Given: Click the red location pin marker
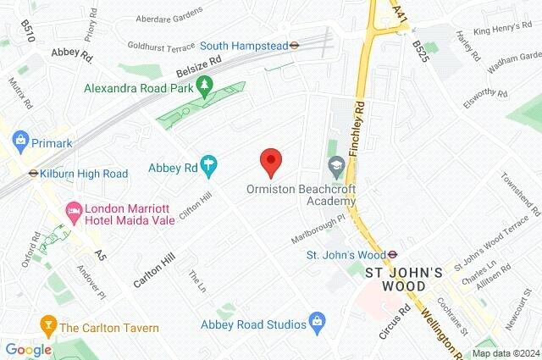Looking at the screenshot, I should click(270, 160).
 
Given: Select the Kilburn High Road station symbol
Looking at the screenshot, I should click(34, 174).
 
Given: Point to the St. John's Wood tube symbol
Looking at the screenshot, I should click(394, 253).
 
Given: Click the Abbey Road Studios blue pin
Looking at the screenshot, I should click(317, 323).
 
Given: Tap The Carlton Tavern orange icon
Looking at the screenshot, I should click(48, 326).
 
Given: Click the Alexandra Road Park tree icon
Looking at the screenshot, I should click(204, 86).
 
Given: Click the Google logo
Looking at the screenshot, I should click(28, 349).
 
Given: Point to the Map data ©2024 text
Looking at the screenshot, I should click(505, 353).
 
